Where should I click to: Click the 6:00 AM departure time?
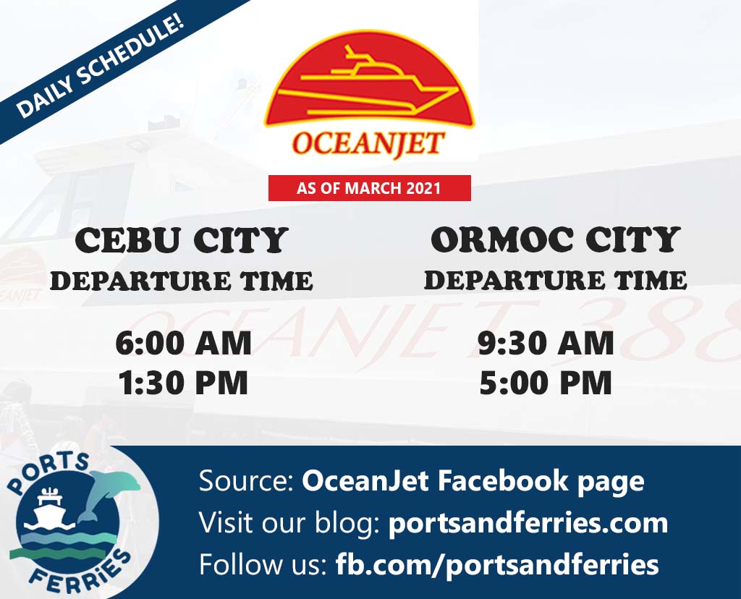tap(183, 343)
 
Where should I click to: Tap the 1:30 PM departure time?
tap(183, 382)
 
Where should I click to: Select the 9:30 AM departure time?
tap(546, 343)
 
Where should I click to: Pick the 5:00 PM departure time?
tap(546, 382)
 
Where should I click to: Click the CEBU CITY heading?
tap(182, 240)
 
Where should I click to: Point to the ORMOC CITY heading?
tap(556, 239)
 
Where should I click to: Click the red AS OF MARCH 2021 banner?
tap(370, 188)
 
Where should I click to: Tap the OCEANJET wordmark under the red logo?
tap(368, 143)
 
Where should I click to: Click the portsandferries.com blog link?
tap(528, 523)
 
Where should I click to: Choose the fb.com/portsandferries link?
tap(496, 564)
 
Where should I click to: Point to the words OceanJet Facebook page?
tap(473, 482)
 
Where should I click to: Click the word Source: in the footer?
tap(247, 481)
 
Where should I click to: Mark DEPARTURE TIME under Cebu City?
tap(182, 281)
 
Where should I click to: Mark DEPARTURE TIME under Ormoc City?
tap(556, 280)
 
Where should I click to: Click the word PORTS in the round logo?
tap(47, 472)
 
